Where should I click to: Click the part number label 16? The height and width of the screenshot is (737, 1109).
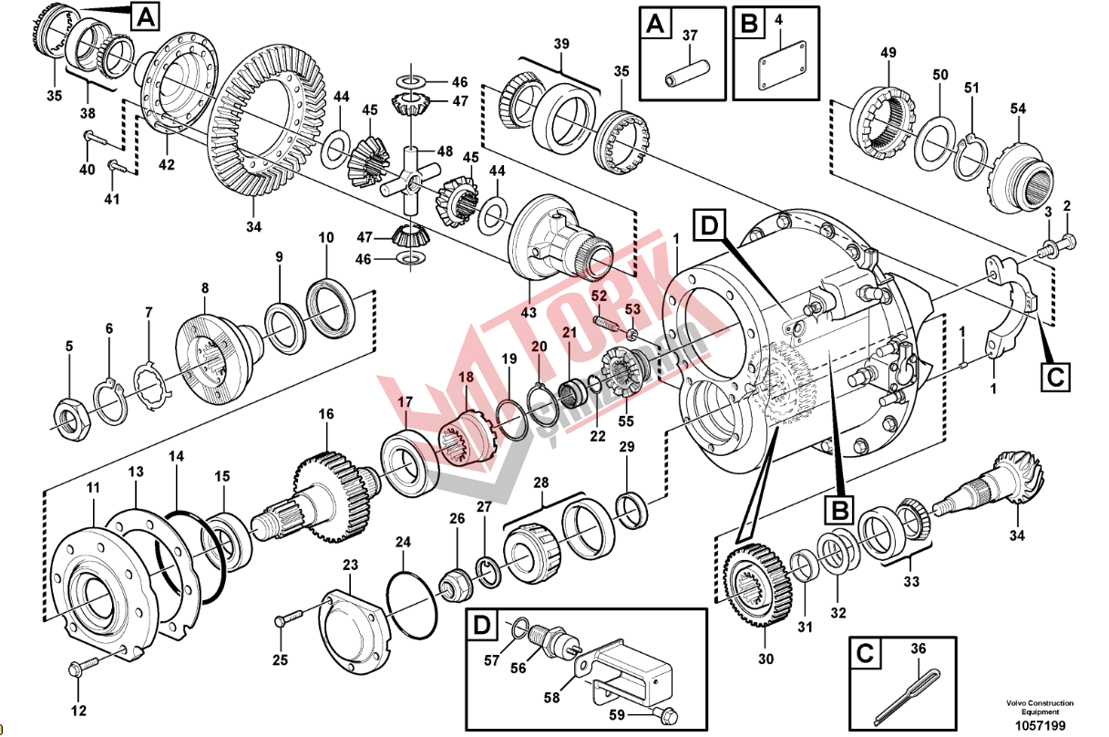click(x=325, y=414)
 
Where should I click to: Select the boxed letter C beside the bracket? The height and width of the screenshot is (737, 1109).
click(x=1056, y=376)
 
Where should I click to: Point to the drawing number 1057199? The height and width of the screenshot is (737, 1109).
click(x=1040, y=725)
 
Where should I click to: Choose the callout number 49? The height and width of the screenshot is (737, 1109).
click(x=888, y=53)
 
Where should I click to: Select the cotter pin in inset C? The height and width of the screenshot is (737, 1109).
click(x=908, y=690)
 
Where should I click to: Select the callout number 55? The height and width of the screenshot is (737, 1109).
click(x=625, y=420)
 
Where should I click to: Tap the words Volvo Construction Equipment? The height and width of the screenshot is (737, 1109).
click(x=1040, y=707)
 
